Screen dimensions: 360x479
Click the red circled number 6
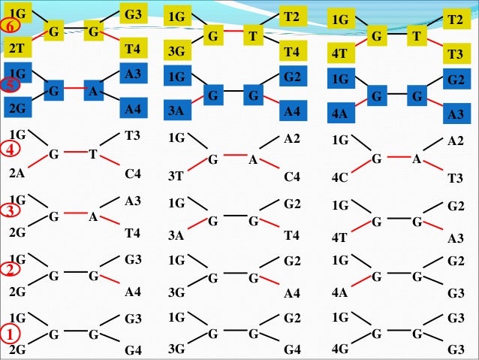11,27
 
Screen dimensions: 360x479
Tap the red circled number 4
11,149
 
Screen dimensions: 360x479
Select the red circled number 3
11,211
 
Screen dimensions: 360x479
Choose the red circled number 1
11,331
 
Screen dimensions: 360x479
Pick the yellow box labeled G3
133,14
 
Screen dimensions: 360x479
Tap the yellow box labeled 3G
177,52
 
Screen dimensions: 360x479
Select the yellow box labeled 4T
340,55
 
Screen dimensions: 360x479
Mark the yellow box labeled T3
453,55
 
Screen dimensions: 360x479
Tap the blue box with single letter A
92,93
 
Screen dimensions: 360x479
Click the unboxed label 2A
16,174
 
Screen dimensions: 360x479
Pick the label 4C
339,178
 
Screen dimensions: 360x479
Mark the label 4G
339,349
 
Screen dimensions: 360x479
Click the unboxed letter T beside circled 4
92,155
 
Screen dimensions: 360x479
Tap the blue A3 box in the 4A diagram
454,115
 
